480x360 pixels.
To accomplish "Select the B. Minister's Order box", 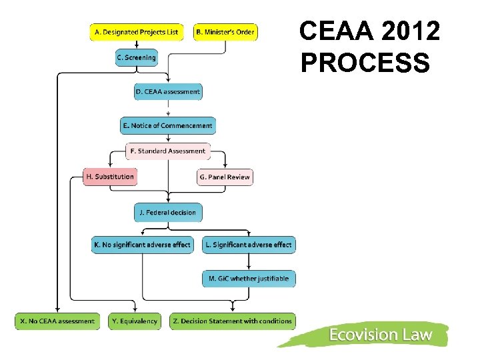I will coord(225,32).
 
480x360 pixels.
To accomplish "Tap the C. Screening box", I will coord(136,58).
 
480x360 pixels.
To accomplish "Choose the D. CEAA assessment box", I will coord(168,92).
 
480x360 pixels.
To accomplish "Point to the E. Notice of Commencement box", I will coord(168,125).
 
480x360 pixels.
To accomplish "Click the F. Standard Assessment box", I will coord(168,151).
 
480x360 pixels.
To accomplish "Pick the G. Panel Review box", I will coord(225,177).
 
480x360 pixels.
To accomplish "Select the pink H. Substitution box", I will coord(110,177).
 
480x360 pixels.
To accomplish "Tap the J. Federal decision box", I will coord(168,213).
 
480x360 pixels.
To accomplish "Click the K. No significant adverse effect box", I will coord(142,245).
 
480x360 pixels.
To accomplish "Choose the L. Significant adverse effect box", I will coord(248,245).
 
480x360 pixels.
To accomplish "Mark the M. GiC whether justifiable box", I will coord(249,279).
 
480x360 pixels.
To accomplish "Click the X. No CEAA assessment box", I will coord(57,321).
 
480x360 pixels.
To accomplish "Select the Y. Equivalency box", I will coord(135,321).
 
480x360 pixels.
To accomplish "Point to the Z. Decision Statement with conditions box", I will coord(232,321).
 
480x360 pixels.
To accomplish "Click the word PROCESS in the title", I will coord(365,63).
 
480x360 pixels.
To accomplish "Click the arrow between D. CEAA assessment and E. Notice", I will coord(168,109).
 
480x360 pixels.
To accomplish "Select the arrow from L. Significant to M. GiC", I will coord(249,261).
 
